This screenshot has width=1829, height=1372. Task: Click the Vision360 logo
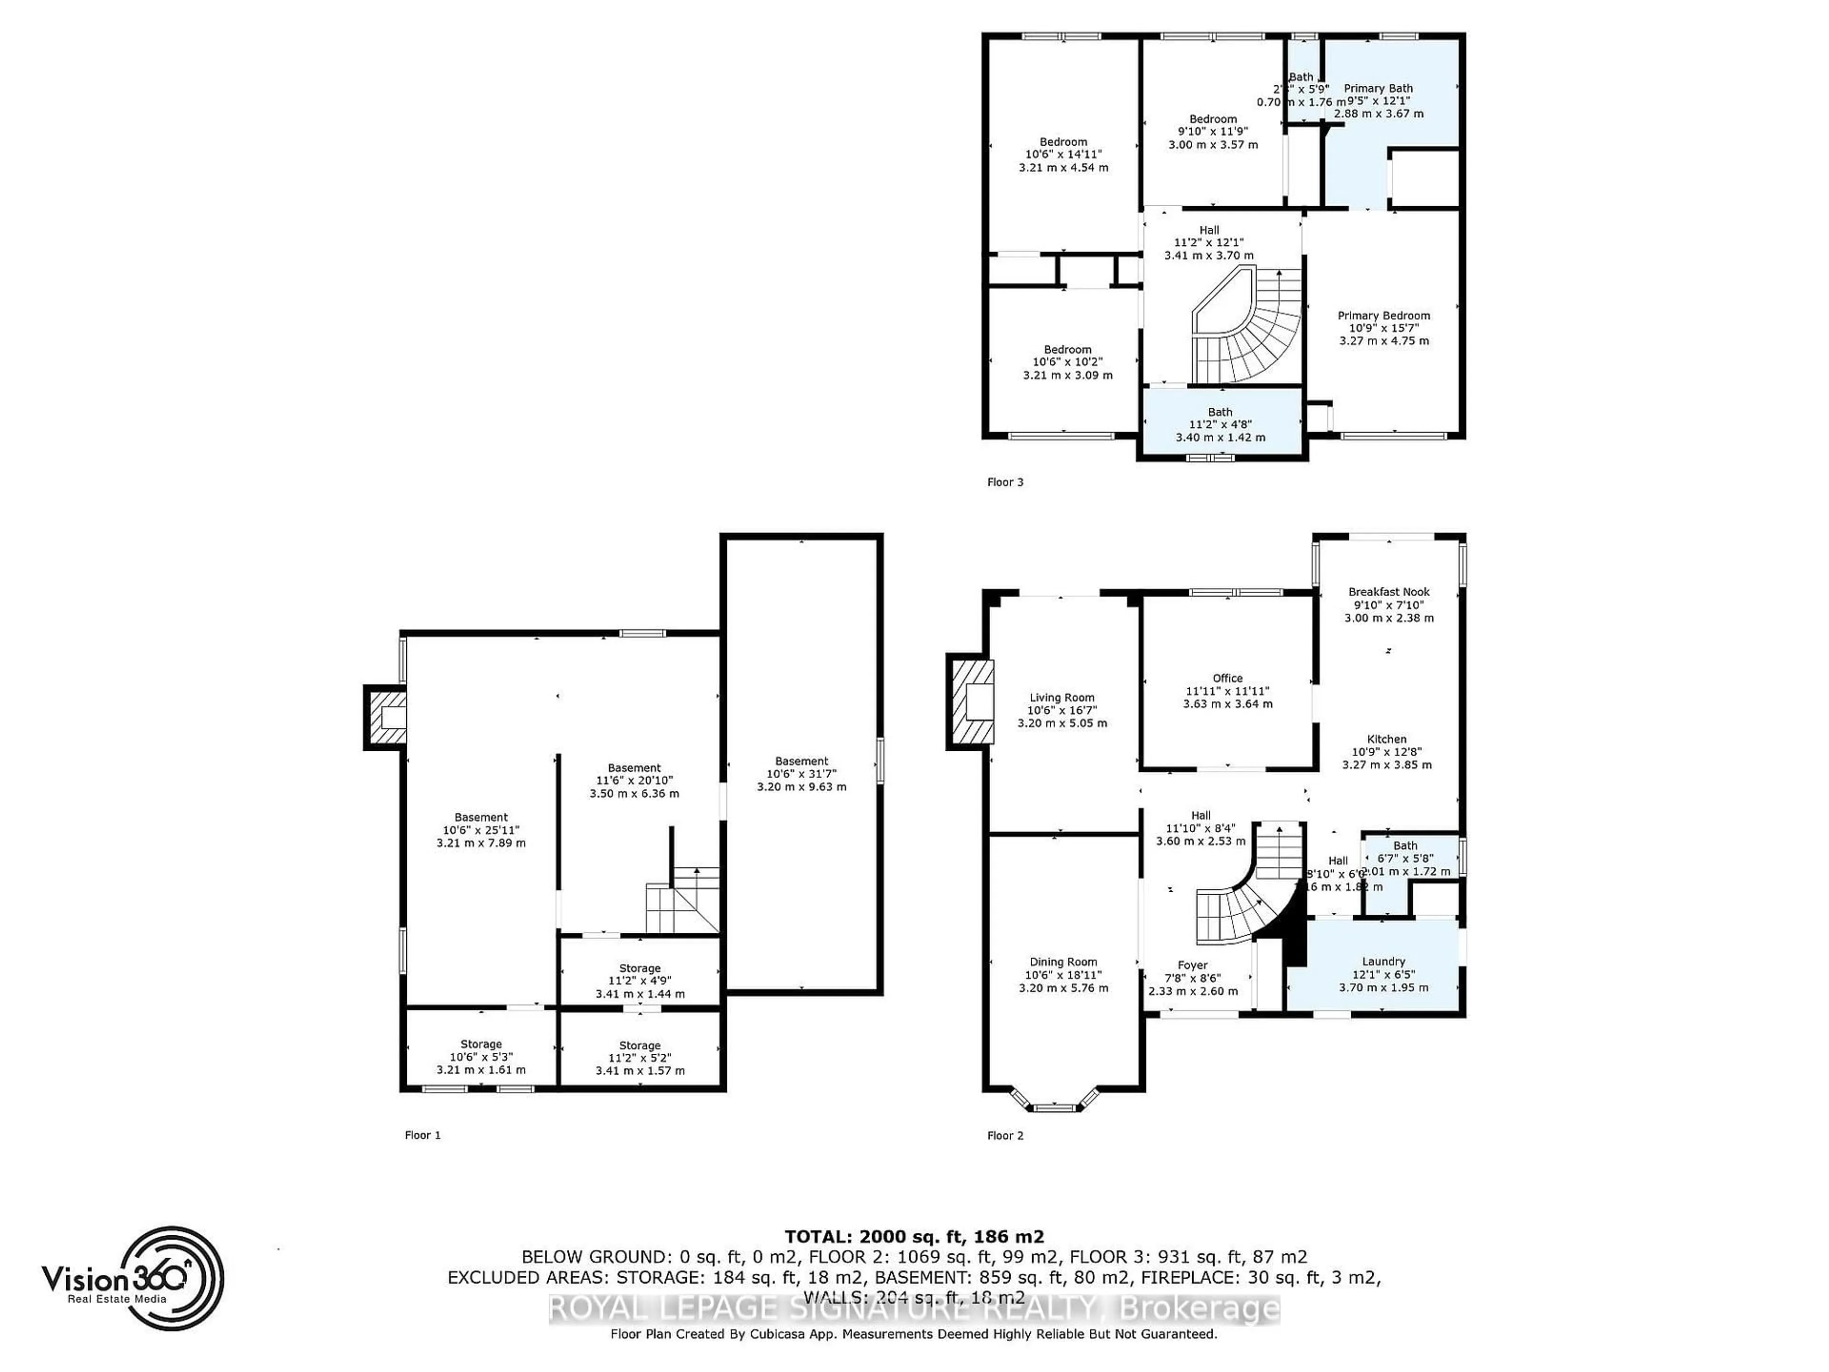tap(132, 1278)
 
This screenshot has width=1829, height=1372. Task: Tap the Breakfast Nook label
tap(1388, 592)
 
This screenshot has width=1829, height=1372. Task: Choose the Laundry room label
tap(1383, 962)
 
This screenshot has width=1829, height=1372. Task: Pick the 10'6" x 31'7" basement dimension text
tap(801, 774)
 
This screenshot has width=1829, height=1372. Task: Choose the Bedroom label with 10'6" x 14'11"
tap(1063, 142)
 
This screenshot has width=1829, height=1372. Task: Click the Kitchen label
tap(1386, 739)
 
